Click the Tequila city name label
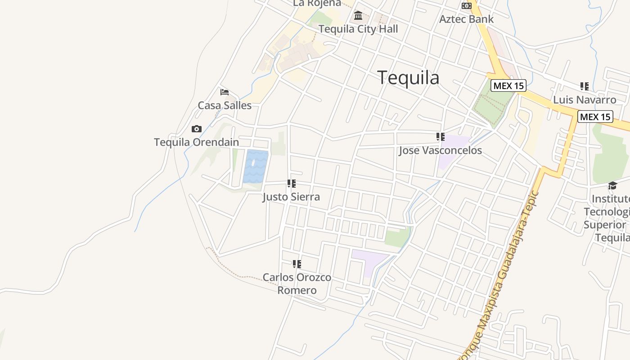click(408, 78)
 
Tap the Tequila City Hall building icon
click(358, 16)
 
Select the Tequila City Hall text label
click(358, 29)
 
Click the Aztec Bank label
click(466, 19)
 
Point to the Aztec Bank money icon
click(466, 6)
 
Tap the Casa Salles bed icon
click(225, 92)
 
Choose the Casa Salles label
click(225, 105)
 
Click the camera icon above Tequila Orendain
click(196, 129)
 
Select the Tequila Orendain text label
click(196, 142)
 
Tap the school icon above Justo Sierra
click(291, 184)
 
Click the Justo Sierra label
click(291, 197)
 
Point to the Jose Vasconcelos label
click(440, 150)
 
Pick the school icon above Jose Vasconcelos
click(440, 137)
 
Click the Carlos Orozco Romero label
click(297, 283)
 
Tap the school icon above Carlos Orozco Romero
click(297, 264)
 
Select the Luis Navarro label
click(585, 99)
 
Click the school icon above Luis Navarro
click(584, 86)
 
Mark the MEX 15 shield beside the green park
click(508, 85)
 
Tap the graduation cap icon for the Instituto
click(612, 185)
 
